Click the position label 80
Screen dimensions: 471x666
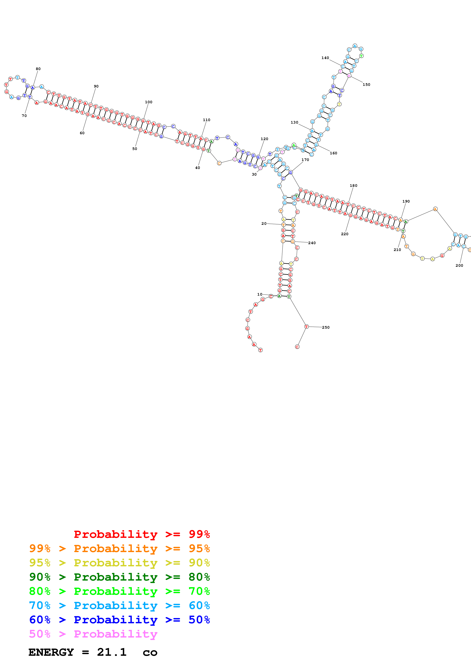point(38,69)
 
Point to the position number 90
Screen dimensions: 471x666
point(96,86)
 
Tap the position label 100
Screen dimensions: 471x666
point(149,102)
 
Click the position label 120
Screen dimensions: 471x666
point(264,139)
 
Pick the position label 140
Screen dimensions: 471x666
point(325,58)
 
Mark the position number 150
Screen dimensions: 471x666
point(366,85)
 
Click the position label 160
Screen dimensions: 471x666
point(333,153)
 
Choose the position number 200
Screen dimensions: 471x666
point(459,265)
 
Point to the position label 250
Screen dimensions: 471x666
point(326,327)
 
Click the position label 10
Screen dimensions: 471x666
point(260,294)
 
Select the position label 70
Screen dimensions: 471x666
point(24,116)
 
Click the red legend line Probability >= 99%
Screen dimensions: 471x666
point(142,534)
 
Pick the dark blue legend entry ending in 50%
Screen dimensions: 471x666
point(119,620)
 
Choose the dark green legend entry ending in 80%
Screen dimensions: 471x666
point(119,577)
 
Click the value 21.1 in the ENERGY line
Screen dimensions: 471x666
point(112,652)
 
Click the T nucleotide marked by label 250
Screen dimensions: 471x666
point(306,327)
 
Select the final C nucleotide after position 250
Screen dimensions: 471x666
point(297,347)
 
